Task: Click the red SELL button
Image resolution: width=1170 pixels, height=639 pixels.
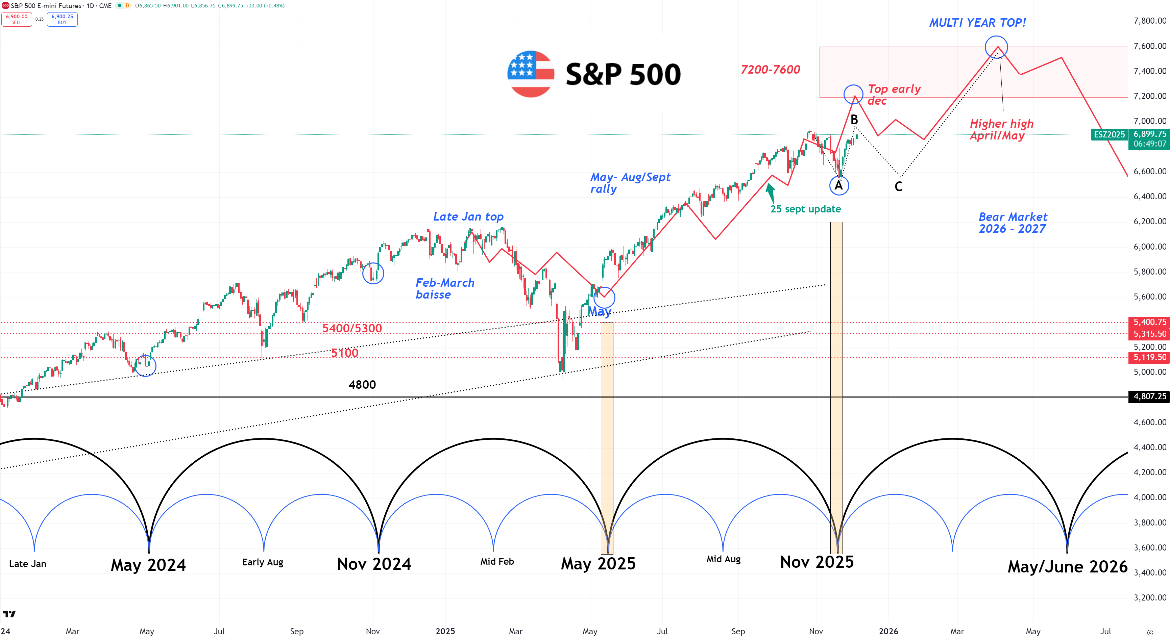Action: point(16,19)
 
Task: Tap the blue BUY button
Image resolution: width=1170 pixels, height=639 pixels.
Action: point(62,19)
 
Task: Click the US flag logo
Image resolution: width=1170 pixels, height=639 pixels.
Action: point(531,74)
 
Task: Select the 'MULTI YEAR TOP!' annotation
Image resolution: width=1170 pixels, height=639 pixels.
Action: point(977,23)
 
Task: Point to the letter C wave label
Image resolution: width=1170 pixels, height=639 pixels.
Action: point(898,186)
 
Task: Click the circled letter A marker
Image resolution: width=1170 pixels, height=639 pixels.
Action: point(838,185)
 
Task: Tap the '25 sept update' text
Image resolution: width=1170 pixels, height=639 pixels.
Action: point(805,209)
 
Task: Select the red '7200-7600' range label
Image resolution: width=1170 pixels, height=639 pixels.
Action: point(770,70)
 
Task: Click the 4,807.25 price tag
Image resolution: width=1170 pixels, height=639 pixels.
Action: point(1149,397)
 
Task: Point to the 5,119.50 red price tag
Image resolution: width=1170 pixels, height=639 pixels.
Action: point(1149,358)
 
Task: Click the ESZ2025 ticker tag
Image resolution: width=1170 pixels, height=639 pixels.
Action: point(1109,134)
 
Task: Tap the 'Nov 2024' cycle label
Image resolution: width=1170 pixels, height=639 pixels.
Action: point(374,564)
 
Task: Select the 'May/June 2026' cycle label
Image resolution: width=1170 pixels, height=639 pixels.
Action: point(1067,567)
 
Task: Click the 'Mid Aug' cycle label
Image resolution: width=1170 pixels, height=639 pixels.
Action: point(723,559)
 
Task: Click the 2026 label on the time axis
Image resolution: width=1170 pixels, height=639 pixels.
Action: point(888,631)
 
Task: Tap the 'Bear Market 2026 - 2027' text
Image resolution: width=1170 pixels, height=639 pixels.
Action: point(1013,223)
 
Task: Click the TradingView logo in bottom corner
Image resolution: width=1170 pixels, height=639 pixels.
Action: point(9,614)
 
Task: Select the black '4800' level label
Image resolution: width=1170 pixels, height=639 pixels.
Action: point(362,385)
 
